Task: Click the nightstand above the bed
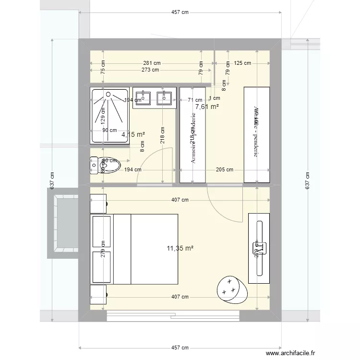98,203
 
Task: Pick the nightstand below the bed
98,294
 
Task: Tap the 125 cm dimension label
242,63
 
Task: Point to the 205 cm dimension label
224,169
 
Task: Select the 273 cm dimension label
150,70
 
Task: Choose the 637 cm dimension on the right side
308,181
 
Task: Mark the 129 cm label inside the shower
102,116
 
